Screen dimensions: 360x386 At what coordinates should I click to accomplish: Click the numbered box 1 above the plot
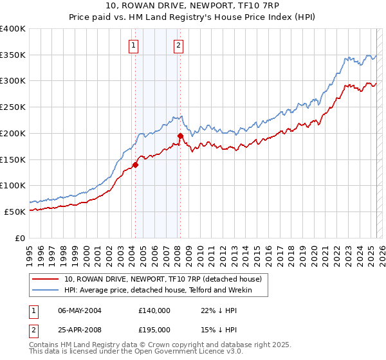pyautogui.click(x=133, y=45)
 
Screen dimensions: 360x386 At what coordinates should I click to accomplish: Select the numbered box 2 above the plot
pyautogui.click(x=178, y=45)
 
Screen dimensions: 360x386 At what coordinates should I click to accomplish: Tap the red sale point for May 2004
pyautogui.click(x=135, y=165)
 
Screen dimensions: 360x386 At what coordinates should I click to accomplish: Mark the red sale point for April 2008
pyautogui.click(x=180, y=136)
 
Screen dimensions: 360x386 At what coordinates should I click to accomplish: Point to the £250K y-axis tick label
pyautogui.click(x=13, y=107)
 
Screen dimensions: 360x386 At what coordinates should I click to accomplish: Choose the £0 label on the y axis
pyautogui.click(x=21, y=237)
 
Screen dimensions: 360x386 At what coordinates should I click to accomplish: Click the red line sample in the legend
pyautogui.click(x=46, y=280)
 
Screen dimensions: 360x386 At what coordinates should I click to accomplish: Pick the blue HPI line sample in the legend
pyautogui.click(x=46, y=291)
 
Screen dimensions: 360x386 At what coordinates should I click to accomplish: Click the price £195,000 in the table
pyautogui.click(x=154, y=330)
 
